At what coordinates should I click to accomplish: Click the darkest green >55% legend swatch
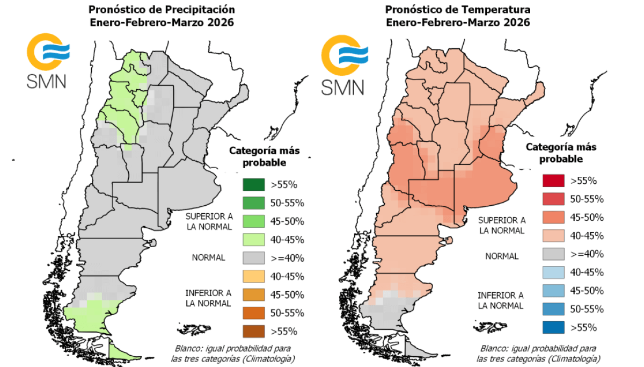click(253, 185)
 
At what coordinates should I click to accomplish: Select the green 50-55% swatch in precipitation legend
click(253, 203)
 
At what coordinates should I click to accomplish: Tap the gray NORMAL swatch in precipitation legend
click(253, 258)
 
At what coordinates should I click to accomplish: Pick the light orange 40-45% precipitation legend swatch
click(253, 276)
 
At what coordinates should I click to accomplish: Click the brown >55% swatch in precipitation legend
click(253, 331)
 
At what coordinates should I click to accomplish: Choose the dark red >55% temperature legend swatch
click(553, 181)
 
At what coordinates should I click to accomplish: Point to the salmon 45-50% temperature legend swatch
click(553, 218)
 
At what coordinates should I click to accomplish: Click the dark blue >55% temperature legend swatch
click(553, 327)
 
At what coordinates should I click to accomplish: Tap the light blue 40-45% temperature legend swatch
click(553, 272)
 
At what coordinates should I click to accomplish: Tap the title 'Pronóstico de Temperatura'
click(458, 10)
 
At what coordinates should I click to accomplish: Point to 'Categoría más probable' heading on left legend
click(264, 156)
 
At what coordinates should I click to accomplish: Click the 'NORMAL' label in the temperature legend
click(502, 256)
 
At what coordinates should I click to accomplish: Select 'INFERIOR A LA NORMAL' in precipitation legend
click(208, 298)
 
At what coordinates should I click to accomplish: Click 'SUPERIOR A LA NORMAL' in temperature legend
click(502, 225)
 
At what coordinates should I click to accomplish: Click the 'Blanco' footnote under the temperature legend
click(538, 353)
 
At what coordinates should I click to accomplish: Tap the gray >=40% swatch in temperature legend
click(553, 254)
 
